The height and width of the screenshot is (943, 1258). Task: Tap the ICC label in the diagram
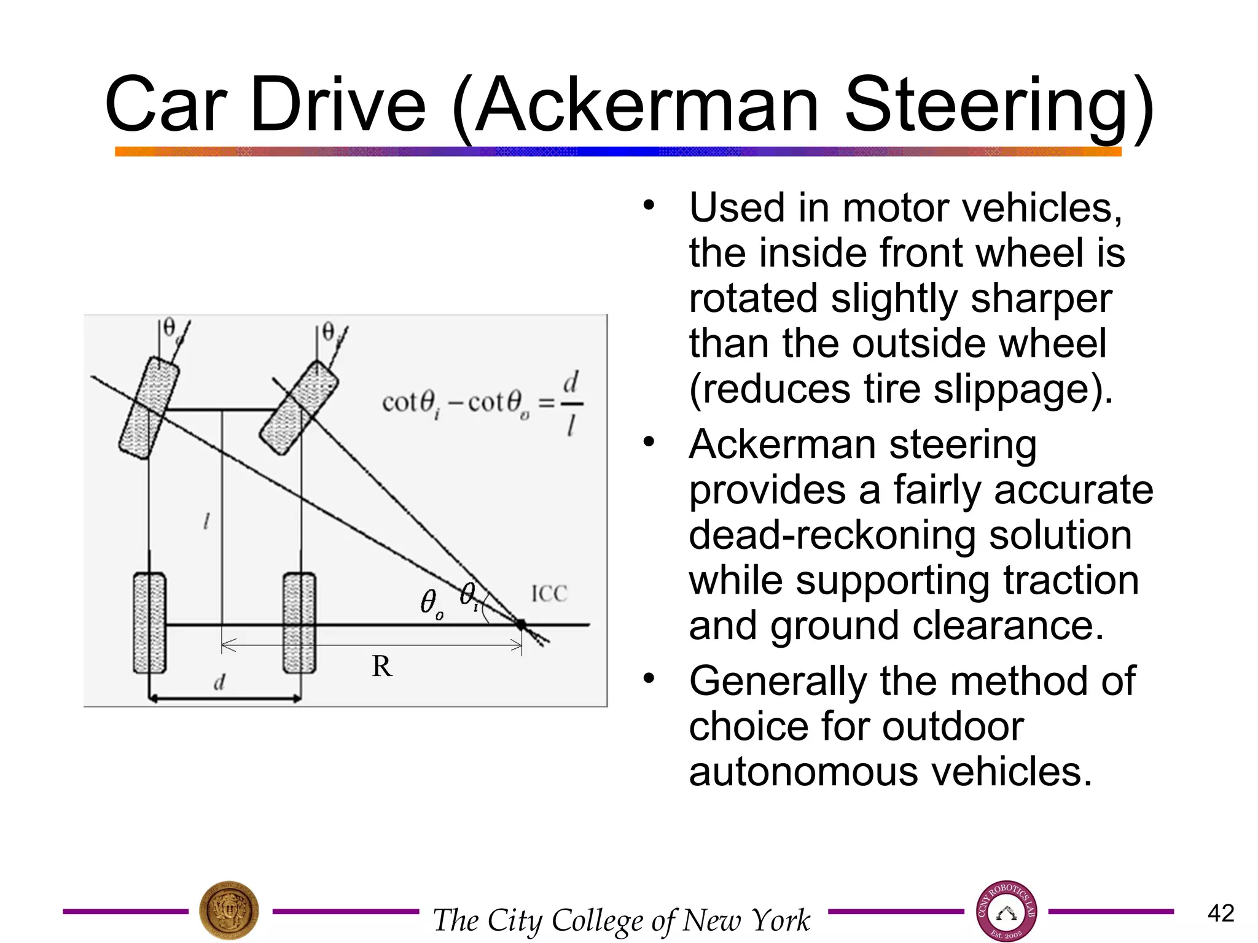click(549, 594)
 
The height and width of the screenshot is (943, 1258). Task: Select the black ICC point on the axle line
click(521, 624)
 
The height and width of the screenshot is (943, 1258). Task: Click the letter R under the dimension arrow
click(381, 666)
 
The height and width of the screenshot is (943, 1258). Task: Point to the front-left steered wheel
click(149, 408)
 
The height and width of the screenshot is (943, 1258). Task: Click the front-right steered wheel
click(299, 408)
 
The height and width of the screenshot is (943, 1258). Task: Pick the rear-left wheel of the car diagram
click(149, 623)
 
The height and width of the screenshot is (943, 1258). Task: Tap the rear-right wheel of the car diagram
click(299, 623)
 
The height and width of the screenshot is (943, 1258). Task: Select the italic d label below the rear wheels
click(219, 681)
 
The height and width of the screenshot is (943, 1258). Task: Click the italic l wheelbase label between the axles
click(206, 522)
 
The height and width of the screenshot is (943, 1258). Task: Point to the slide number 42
click(1221, 913)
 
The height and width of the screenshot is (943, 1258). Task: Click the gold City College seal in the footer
click(229, 911)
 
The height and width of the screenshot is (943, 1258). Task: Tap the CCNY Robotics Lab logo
click(1006, 911)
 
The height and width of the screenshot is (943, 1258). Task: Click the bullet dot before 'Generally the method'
click(649, 678)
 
